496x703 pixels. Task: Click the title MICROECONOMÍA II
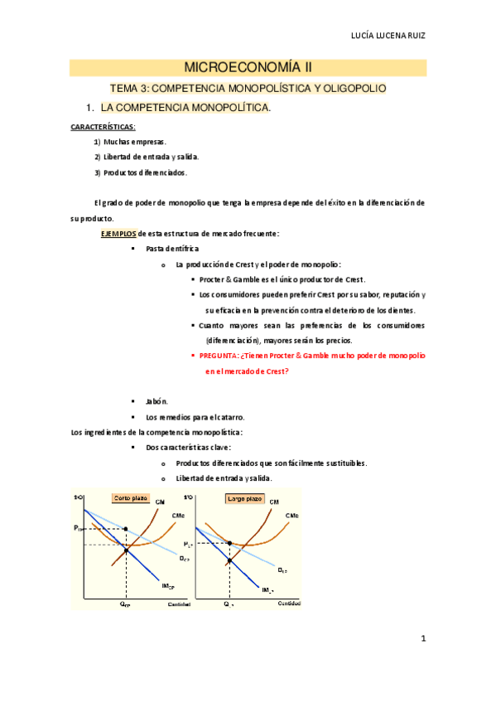[x=248, y=67]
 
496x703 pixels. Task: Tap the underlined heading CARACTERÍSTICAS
[x=104, y=127]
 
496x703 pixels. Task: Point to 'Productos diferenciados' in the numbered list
[x=146, y=172]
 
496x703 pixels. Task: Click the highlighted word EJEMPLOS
[x=118, y=233]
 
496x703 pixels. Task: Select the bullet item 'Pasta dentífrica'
[x=171, y=249]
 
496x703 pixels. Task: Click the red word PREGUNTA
[x=218, y=356]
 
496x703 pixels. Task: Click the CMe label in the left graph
[x=178, y=516]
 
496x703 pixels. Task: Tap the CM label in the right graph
[x=274, y=502]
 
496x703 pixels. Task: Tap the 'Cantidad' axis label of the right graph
[x=288, y=603]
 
